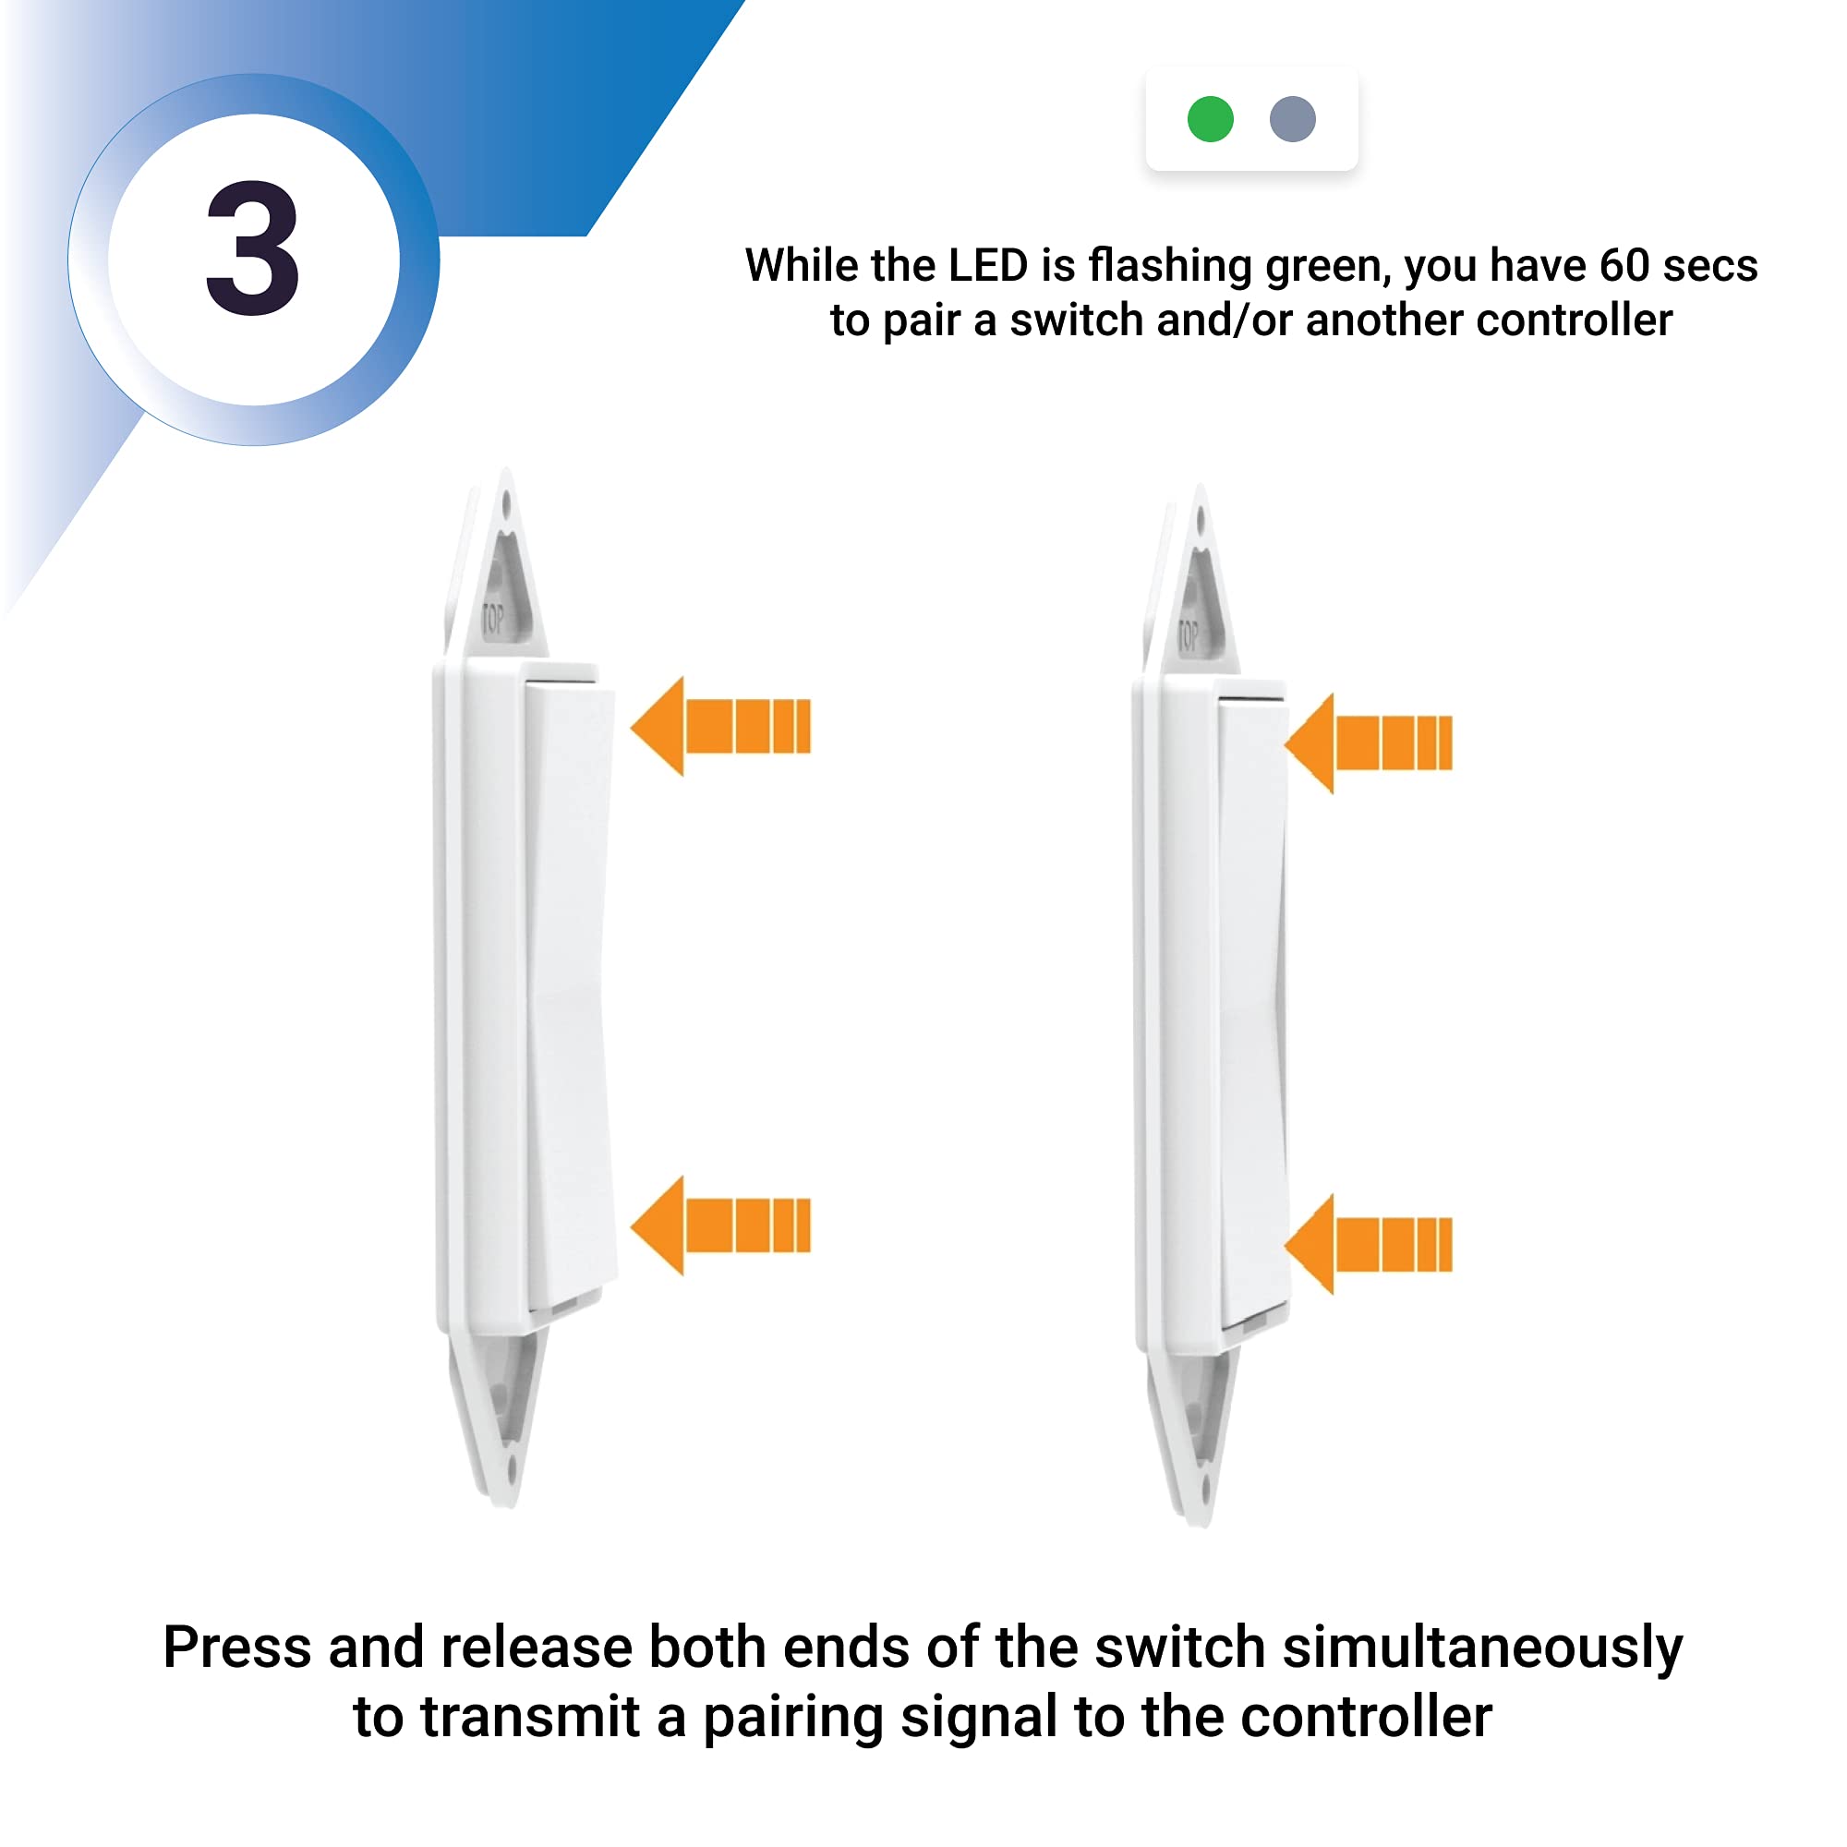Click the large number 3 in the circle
[253, 250]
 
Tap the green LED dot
[1211, 119]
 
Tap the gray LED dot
[1293, 119]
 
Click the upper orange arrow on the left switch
[718, 727]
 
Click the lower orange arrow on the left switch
[718, 1225]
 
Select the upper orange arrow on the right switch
[1367, 742]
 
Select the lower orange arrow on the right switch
[1367, 1245]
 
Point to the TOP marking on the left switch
[492, 620]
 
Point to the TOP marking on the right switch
[1188, 635]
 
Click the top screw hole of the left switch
[506, 501]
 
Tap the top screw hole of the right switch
[1201, 520]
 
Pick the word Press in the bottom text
[237, 1648]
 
